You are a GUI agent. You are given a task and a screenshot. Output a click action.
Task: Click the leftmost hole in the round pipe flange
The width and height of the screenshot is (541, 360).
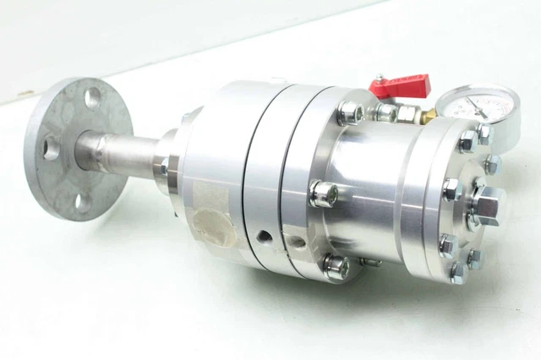pyautogui.click(x=52, y=149)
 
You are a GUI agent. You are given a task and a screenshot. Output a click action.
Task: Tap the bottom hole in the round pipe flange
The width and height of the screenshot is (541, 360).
pyautogui.click(x=82, y=201)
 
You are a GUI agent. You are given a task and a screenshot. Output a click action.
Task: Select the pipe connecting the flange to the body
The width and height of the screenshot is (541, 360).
pyautogui.click(x=118, y=152)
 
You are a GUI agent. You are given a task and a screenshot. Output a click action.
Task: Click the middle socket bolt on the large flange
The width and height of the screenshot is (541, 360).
pyautogui.click(x=322, y=194)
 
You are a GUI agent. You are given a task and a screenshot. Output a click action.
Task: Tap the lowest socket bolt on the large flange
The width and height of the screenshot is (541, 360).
pyautogui.click(x=336, y=266)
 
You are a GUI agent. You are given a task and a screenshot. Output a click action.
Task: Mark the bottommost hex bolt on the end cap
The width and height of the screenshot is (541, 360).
pyautogui.click(x=457, y=272)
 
